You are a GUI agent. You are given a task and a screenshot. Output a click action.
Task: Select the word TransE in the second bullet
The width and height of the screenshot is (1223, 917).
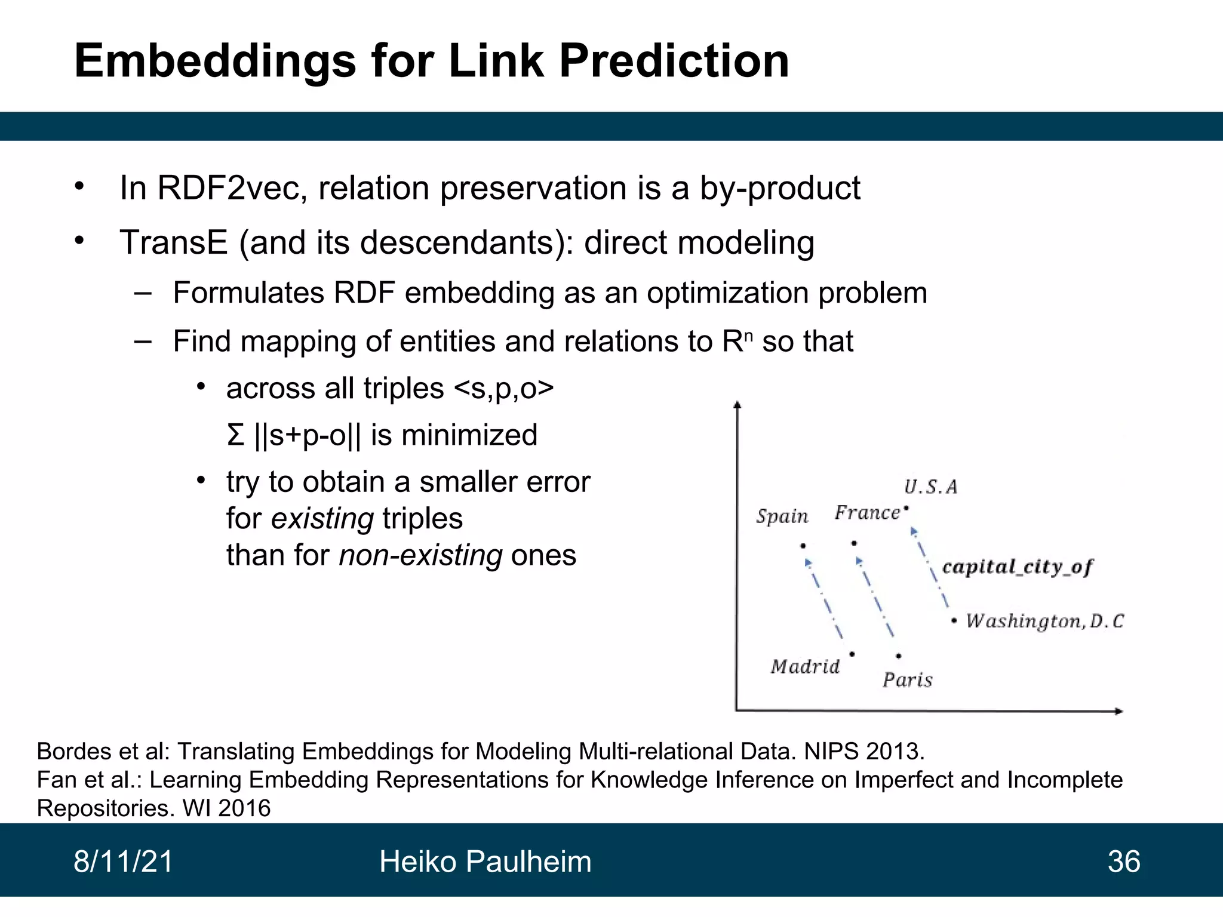(174, 242)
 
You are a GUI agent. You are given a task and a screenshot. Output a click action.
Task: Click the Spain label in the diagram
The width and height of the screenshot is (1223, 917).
(782, 516)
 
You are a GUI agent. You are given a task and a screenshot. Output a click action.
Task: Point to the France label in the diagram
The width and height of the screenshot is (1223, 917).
(866, 513)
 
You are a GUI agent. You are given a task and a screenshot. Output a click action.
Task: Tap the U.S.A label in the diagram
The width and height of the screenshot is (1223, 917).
(930, 487)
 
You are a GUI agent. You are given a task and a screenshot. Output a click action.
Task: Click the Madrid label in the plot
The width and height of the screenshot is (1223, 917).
(805, 666)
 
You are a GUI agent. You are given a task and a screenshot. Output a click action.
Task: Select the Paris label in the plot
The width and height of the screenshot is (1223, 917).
(907, 680)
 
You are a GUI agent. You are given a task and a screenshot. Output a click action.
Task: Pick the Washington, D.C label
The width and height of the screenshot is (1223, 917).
(1044, 621)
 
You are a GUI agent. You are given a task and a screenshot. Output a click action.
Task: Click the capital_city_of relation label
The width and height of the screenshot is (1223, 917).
(1017, 567)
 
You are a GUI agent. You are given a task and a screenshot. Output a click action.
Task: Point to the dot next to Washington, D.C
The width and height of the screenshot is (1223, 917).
(954, 621)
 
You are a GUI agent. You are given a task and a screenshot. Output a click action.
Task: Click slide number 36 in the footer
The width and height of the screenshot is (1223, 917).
(1123, 861)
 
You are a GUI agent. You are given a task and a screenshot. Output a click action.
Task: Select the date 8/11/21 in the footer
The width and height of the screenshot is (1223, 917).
(123, 861)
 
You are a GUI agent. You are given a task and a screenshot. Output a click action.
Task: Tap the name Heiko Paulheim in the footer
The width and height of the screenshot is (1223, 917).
(485, 861)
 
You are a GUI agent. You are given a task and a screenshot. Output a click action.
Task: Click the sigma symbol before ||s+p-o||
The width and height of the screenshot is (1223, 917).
(235, 435)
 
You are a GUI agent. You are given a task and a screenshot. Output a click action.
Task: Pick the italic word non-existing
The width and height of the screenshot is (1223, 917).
(420, 555)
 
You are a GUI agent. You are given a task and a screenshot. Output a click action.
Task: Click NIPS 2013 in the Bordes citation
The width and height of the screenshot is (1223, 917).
(864, 751)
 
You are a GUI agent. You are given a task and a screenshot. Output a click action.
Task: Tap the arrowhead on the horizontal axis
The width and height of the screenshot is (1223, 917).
(1118, 711)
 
